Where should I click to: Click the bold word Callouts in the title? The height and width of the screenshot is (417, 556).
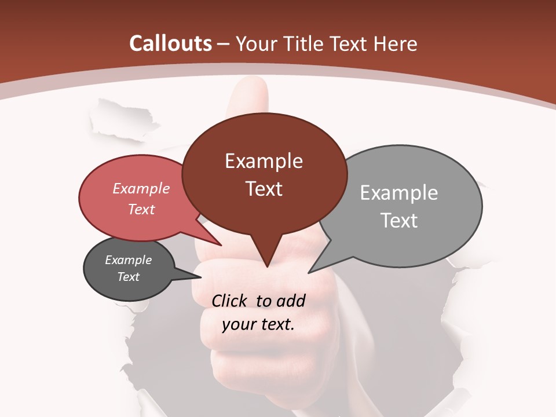point(171,43)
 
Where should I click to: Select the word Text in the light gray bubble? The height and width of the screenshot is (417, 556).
point(399,220)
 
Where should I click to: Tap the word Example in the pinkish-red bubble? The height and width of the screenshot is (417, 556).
point(141,188)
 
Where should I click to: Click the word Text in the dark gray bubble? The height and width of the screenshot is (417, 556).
point(129,277)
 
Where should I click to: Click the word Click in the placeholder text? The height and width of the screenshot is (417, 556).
point(231,301)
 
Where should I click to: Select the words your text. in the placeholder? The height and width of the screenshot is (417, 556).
point(258,324)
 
